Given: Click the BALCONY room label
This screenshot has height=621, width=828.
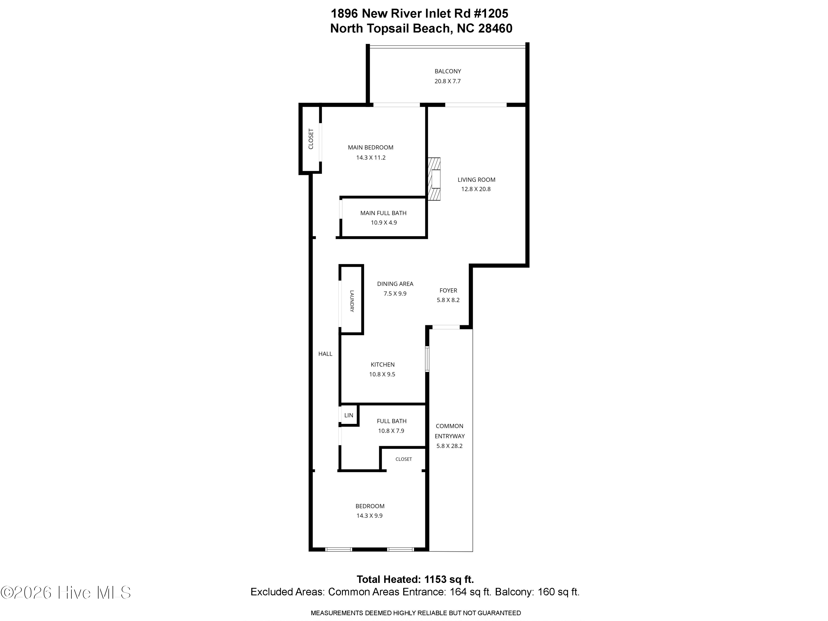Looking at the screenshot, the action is (448, 71).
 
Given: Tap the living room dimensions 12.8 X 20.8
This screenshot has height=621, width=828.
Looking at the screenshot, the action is (476, 189).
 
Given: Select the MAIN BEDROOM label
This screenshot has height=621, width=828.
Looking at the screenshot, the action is (371, 147).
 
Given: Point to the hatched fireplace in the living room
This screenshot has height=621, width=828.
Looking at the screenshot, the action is (434, 179).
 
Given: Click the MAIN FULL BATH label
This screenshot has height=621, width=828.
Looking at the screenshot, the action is (383, 213).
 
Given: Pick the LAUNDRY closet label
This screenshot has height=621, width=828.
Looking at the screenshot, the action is (352, 301).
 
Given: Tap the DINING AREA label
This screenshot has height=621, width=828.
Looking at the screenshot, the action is (395, 284).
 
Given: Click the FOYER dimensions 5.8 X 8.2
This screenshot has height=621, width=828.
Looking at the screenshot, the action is (448, 300).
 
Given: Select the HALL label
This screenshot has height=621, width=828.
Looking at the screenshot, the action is (325, 354).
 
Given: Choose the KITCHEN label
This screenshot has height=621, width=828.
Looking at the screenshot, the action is (383, 365).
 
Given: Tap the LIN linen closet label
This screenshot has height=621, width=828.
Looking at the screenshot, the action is (349, 415).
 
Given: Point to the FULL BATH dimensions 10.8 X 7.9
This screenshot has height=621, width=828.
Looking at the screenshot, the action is (391, 431).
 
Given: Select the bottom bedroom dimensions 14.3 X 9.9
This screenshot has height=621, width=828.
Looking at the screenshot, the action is (370, 516).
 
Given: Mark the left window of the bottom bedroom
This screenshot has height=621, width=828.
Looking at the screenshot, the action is (339, 550).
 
